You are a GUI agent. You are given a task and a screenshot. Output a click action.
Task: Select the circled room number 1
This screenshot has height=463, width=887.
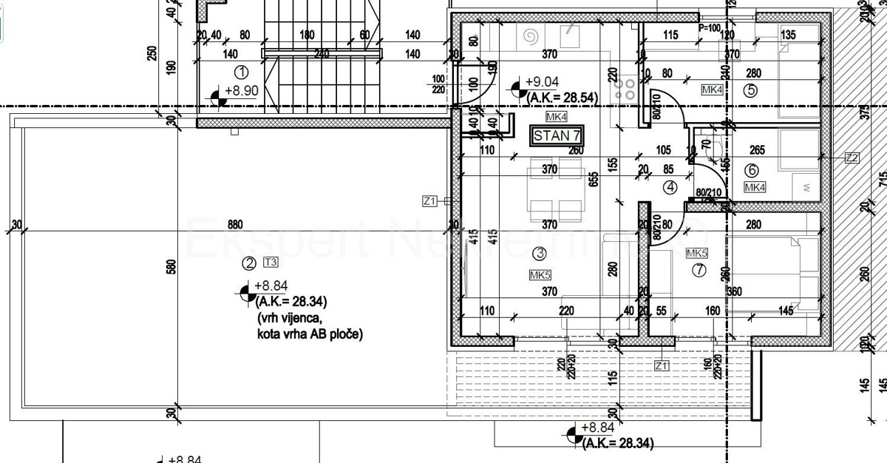point(240,72)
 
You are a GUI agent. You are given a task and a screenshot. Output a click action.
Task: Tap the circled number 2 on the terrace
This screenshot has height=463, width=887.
point(249,262)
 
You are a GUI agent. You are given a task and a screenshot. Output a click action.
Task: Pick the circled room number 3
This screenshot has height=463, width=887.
point(540,254)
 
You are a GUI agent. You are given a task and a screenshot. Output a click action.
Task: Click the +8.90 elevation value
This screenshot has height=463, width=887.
point(241,90)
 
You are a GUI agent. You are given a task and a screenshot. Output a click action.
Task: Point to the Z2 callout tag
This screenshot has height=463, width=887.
point(852,157)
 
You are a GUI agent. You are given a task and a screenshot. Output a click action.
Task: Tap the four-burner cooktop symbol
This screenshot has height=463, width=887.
point(625,89)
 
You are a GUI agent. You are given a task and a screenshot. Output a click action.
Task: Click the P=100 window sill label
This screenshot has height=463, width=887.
point(709,27)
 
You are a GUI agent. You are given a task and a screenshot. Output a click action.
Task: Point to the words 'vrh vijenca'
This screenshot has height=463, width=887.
point(290,318)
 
